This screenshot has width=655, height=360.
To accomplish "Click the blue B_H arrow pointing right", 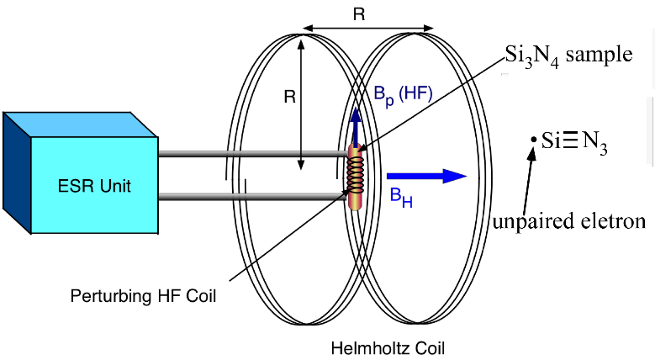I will (425, 176).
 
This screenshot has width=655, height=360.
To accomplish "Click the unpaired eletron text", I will (568, 223).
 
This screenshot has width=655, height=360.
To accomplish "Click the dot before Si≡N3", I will (532, 140).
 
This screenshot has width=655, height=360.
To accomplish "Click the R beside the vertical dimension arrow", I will (288, 97).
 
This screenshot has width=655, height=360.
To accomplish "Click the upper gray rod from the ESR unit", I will (252, 154).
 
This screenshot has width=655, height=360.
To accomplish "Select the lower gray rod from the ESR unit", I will (252, 197).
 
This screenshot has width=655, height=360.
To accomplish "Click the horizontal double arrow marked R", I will (371, 29).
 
